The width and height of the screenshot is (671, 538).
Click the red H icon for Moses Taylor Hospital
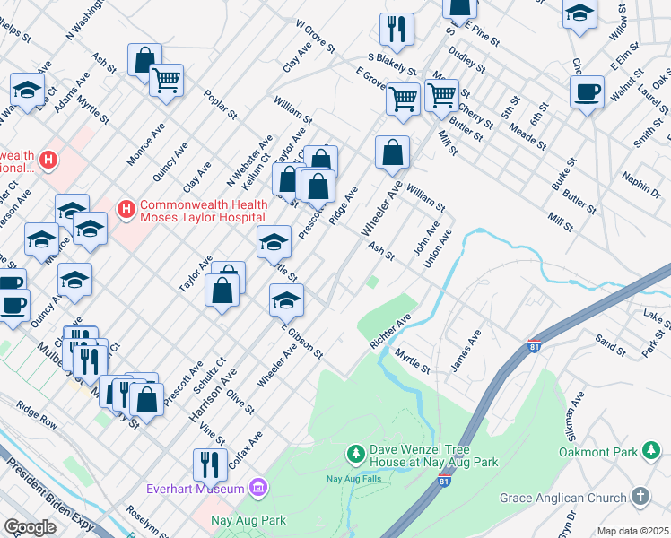(x=126, y=210)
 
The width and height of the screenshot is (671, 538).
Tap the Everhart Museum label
(x=196, y=489)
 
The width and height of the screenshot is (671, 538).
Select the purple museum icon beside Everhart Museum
(x=258, y=488)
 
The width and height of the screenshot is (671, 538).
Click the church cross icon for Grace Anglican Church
(x=640, y=496)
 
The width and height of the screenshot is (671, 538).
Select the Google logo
(x=30, y=526)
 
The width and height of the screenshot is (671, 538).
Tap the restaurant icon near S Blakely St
(x=396, y=30)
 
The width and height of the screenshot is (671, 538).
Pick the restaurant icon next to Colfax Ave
(x=209, y=464)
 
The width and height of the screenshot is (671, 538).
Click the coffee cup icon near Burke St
(x=588, y=91)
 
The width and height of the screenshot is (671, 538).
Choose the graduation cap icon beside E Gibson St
(x=286, y=300)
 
